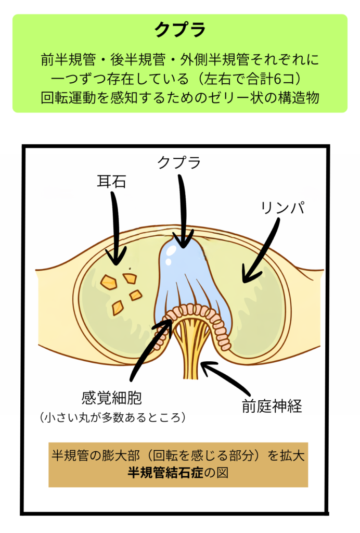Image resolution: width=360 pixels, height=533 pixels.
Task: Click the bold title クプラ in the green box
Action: (180, 30)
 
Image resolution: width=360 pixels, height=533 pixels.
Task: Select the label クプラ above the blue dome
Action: (179, 162)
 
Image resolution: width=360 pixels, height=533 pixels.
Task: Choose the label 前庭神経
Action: (272, 407)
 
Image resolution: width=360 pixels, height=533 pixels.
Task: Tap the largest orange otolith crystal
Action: (109, 282)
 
